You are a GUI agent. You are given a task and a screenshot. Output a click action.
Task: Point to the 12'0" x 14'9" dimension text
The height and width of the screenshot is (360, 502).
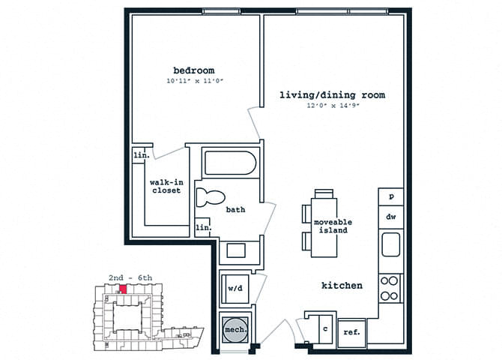pyautogui.click(x=332, y=106)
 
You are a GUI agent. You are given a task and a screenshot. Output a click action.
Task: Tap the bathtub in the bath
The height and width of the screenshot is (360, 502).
pyautogui.click(x=230, y=163)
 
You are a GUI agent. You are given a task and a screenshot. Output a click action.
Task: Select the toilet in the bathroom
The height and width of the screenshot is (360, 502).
pyautogui.click(x=210, y=198)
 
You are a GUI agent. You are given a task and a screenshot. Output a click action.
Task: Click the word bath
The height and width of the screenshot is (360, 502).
pyautogui.click(x=236, y=210)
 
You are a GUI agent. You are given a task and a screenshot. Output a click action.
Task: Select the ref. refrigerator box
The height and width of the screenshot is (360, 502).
pyautogui.click(x=351, y=332)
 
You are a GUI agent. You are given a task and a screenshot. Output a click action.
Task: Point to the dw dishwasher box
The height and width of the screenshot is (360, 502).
pyautogui.click(x=390, y=217)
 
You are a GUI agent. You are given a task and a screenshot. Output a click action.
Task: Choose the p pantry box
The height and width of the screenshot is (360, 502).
pyautogui.click(x=390, y=196)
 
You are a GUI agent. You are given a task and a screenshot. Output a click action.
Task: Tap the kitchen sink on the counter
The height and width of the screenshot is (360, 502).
pyautogui.click(x=390, y=245)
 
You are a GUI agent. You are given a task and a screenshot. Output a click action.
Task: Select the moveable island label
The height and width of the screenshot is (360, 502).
pyautogui.click(x=333, y=226)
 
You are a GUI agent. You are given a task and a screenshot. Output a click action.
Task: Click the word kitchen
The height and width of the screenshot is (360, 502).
pyautogui.click(x=342, y=286)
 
